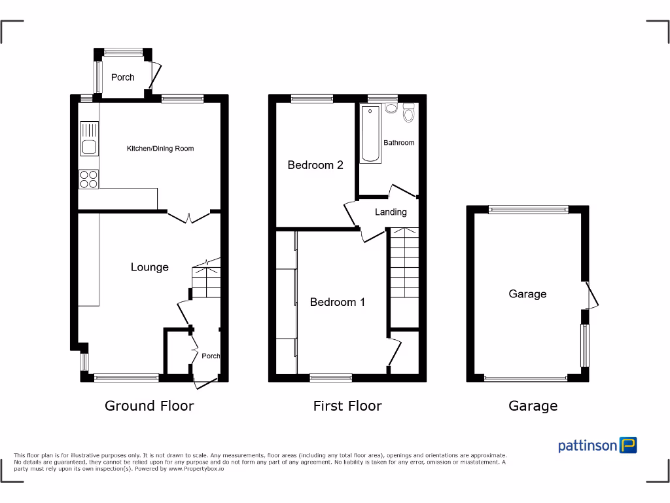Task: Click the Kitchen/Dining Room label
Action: tap(160, 149)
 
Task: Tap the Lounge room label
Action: tap(149, 267)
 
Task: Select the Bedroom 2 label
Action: tap(315, 165)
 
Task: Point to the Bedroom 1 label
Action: tap(338, 302)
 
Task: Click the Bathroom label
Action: tap(398, 143)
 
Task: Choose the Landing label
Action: tap(391, 212)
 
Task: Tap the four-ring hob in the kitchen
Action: tap(88, 179)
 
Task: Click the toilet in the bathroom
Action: tap(409, 113)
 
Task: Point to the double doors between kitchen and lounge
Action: tap(188, 215)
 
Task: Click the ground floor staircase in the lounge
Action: tap(205, 279)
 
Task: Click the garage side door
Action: tap(591, 294)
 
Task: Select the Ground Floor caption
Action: tap(149, 406)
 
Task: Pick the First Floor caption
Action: tap(347, 406)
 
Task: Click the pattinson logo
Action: tap(597, 445)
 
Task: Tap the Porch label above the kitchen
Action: tap(122, 77)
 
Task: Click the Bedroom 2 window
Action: tap(312, 99)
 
